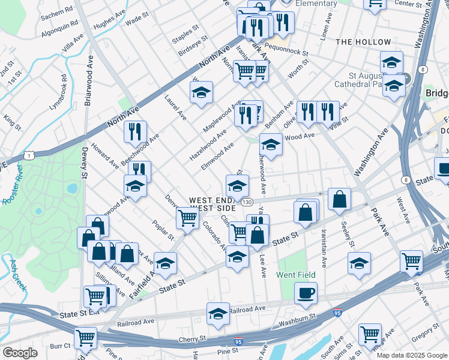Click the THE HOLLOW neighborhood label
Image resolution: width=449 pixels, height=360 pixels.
click(x=363, y=42)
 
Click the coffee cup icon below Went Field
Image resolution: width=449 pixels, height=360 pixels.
click(x=306, y=292)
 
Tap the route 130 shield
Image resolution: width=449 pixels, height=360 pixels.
click(x=247, y=202)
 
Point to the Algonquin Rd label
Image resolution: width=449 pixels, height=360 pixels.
click(x=59, y=23)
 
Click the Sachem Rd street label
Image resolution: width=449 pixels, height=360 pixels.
click(x=57, y=11)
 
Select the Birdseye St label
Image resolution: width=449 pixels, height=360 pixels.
click(x=193, y=46)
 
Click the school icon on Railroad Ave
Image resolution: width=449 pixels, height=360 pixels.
click(x=218, y=313)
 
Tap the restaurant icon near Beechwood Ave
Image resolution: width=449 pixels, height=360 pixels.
click(x=135, y=131)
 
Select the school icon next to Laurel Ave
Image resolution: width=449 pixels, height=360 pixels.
click(x=201, y=92)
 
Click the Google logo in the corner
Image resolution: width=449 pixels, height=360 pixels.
click(x=20, y=352)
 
